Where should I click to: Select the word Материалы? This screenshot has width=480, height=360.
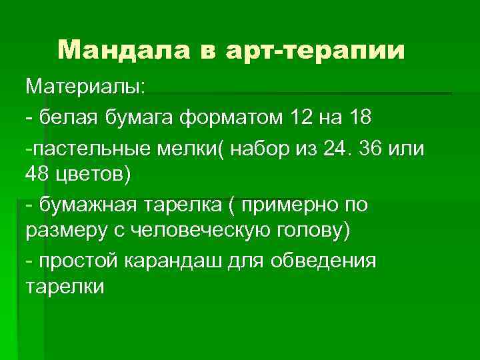(x=88, y=87)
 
